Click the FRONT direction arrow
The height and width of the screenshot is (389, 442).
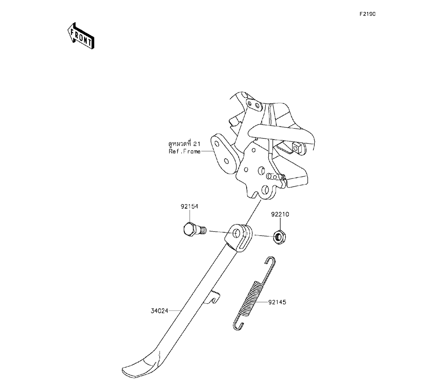point(80,36)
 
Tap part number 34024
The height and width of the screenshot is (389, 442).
point(159,310)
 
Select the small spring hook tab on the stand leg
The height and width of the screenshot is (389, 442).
point(214,297)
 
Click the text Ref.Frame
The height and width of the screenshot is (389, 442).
point(184,152)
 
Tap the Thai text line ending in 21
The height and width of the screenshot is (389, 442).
point(184,144)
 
